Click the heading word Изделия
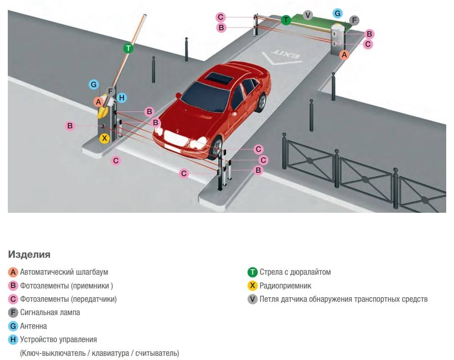coord(29,255)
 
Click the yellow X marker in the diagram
coord(105,138)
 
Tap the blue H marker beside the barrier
coord(122,98)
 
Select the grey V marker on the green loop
coord(308,16)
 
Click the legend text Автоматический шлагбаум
coord(64,272)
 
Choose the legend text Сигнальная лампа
coord(50,312)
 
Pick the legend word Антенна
coord(33,326)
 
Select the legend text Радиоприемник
coord(285,286)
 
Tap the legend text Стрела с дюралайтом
coord(295,272)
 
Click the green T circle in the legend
coord(252,272)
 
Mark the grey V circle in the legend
coord(252,299)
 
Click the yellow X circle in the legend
coord(252,286)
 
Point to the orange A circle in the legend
coord(13,272)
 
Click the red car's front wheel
coord(217,149)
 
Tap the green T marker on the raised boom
coord(128,48)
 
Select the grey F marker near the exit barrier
coord(354,21)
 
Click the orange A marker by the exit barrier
coord(344,55)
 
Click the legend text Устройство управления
coord(59,340)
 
